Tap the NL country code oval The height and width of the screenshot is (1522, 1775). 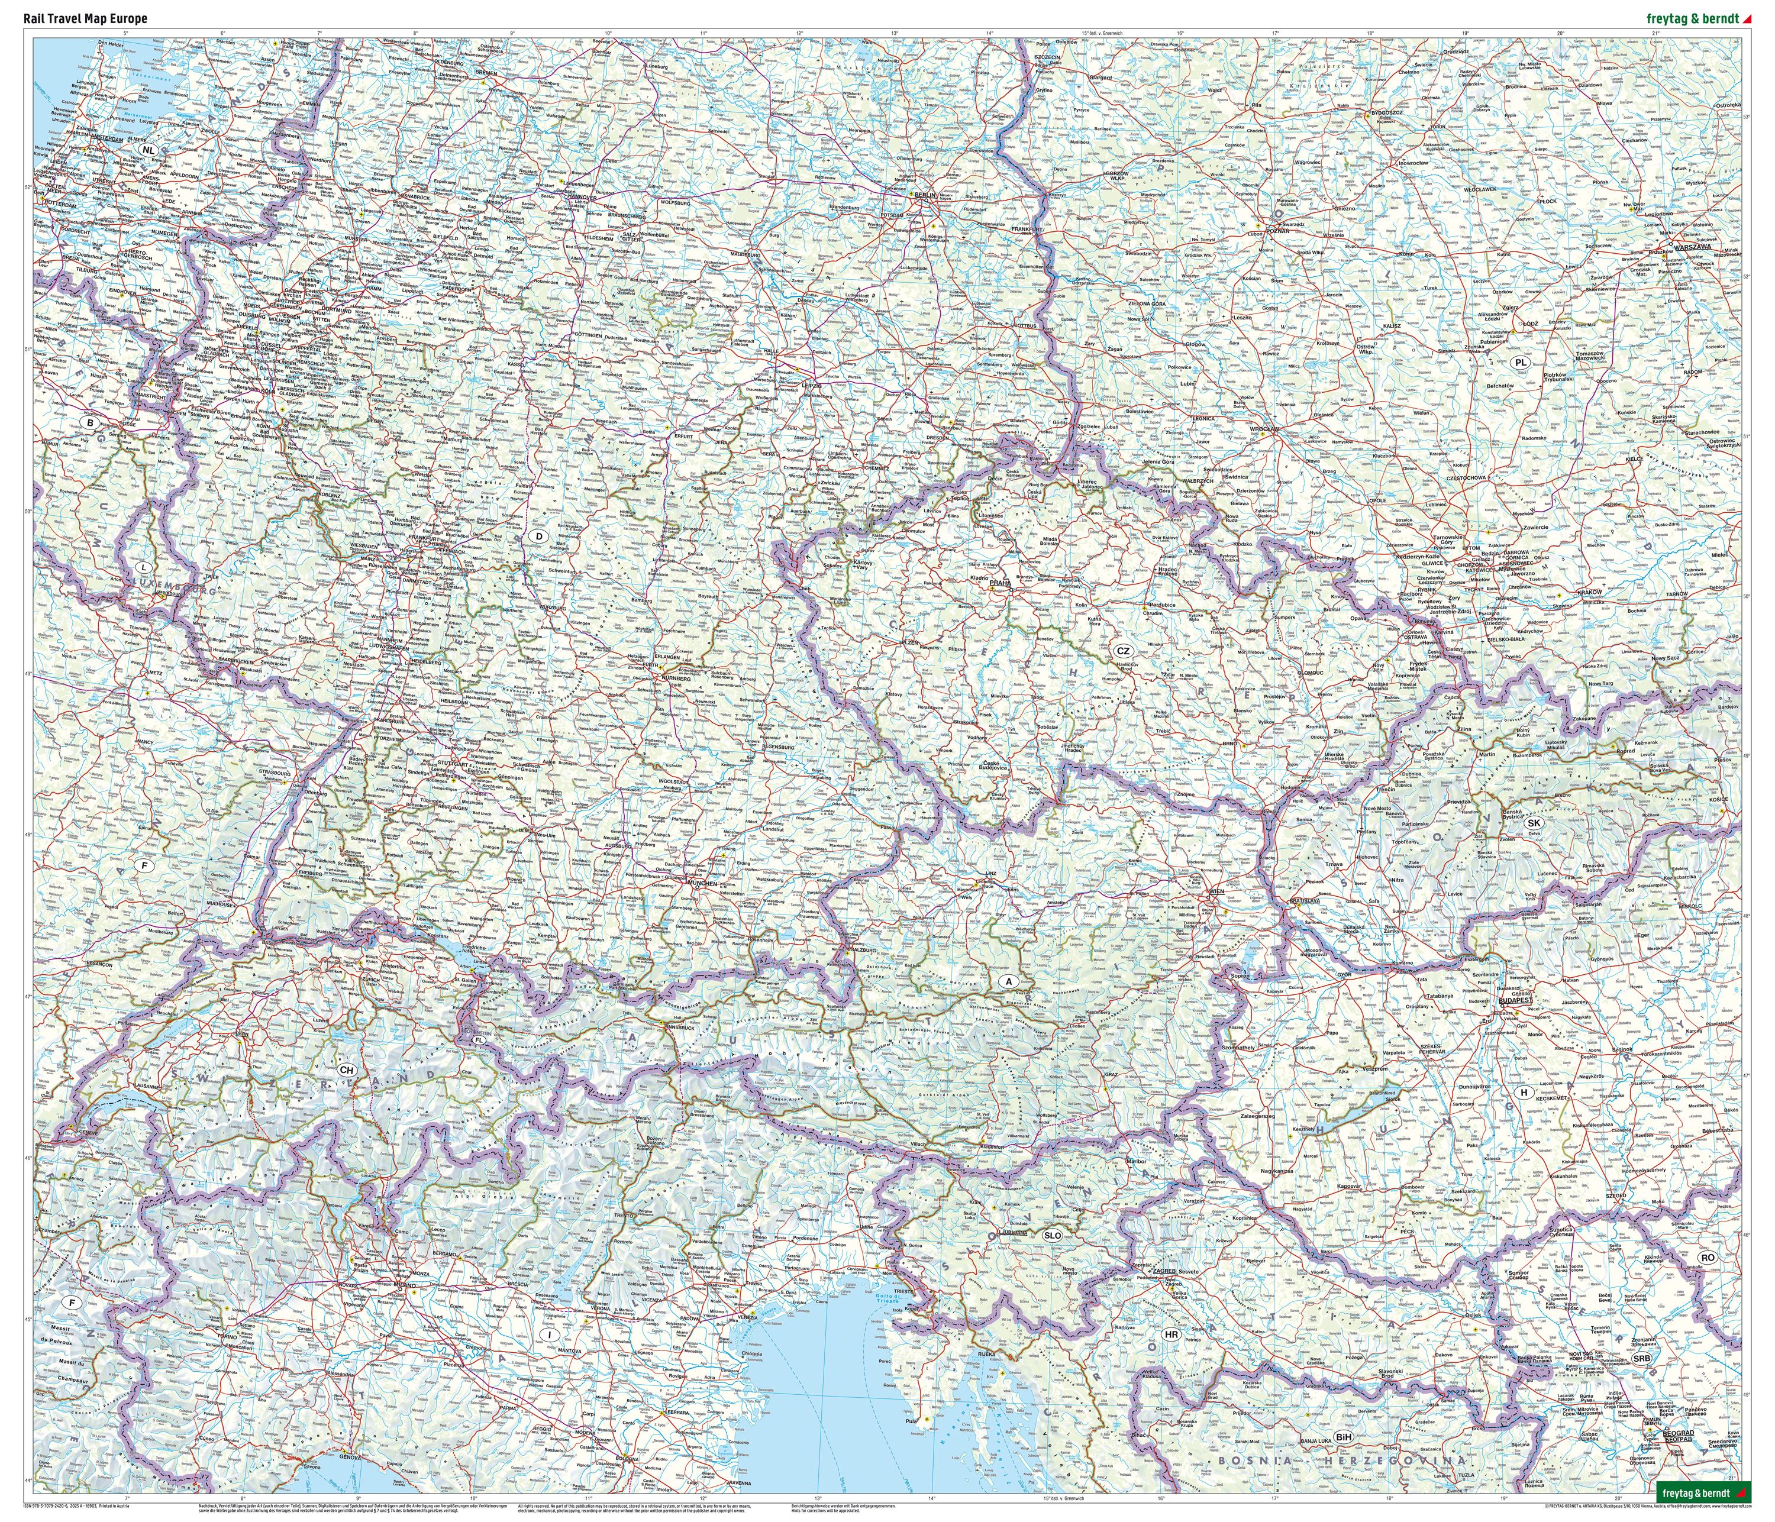click(150, 149)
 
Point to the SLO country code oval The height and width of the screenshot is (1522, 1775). click(1052, 1236)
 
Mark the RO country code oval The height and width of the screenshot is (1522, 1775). click(1708, 1258)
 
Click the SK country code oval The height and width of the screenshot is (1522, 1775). click(1534, 823)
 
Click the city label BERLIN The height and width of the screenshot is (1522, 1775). click(926, 195)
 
